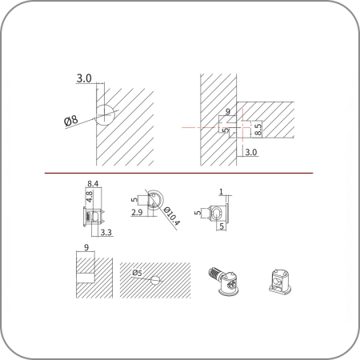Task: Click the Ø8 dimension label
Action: tap(71, 121)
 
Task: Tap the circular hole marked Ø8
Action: tap(105, 115)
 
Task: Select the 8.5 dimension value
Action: tap(258, 128)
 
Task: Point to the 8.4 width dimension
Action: tap(93, 184)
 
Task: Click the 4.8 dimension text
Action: tap(90, 197)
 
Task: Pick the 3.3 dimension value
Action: tap(106, 232)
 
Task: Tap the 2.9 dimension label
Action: tap(137, 212)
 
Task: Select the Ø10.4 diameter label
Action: tap(172, 216)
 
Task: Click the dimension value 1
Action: tap(221, 191)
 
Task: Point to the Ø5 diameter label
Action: tap(138, 273)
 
